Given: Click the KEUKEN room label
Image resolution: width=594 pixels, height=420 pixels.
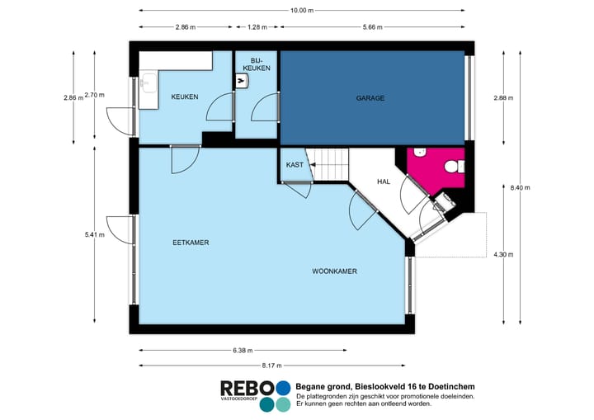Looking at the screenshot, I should tap(184, 97).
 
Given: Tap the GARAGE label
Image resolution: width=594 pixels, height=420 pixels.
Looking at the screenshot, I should tap(370, 98).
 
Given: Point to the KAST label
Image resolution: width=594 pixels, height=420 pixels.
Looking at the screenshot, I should tap(295, 165).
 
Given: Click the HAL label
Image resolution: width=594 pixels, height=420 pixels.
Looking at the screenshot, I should tap(384, 182).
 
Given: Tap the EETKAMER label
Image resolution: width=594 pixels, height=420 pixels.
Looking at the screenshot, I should tap(191, 243).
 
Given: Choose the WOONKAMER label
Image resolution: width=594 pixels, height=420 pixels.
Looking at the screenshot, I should tap(335, 271).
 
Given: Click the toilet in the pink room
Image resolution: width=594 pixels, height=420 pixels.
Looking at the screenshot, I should tap(452, 167).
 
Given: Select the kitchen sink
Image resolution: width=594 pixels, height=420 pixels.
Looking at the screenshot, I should tap(148, 83).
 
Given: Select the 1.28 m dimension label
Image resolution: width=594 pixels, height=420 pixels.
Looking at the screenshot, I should tap(257, 27).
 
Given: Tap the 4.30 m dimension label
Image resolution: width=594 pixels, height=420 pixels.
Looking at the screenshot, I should tap(503, 255).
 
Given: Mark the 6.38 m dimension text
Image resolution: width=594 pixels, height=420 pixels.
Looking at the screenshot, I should tap(242, 351).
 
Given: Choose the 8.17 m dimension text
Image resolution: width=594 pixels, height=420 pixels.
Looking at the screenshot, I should tap(271, 366).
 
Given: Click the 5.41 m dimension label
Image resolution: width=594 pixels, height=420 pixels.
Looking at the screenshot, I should tap(95, 235).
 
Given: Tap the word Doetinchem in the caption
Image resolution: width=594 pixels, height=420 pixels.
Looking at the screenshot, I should tap(449, 386).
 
